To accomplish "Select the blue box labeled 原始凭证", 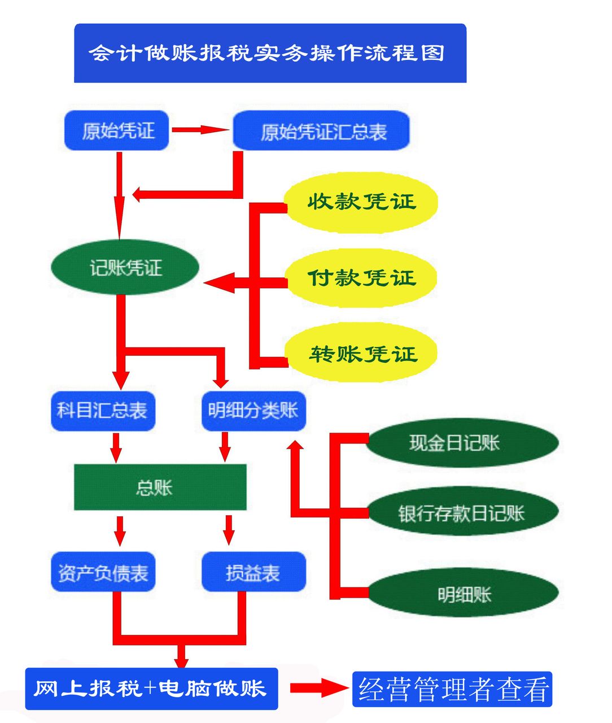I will (x=117, y=130).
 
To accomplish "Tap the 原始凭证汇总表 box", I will (x=321, y=131).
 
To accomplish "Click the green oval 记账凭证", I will (x=125, y=267).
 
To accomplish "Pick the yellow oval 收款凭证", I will (x=361, y=202).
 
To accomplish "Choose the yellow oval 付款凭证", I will (x=361, y=278).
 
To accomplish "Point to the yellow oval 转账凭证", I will (x=361, y=354).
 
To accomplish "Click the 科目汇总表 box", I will (x=103, y=411).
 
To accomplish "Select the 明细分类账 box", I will (x=253, y=411).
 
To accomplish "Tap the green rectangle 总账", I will (x=160, y=487).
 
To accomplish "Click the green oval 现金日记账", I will (x=461, y=443).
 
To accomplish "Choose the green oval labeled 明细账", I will (x=464, y=593).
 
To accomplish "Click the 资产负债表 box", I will (x=103, y=572).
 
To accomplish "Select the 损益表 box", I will (x=253, y=572).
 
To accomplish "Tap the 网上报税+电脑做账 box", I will (x=151, y=689).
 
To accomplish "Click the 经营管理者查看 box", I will (x=452, y=689).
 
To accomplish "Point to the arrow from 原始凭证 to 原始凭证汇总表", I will (x=200, y=130).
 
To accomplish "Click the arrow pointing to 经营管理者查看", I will (x=318, y=687).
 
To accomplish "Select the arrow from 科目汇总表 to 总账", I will (x=116, y=447).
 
